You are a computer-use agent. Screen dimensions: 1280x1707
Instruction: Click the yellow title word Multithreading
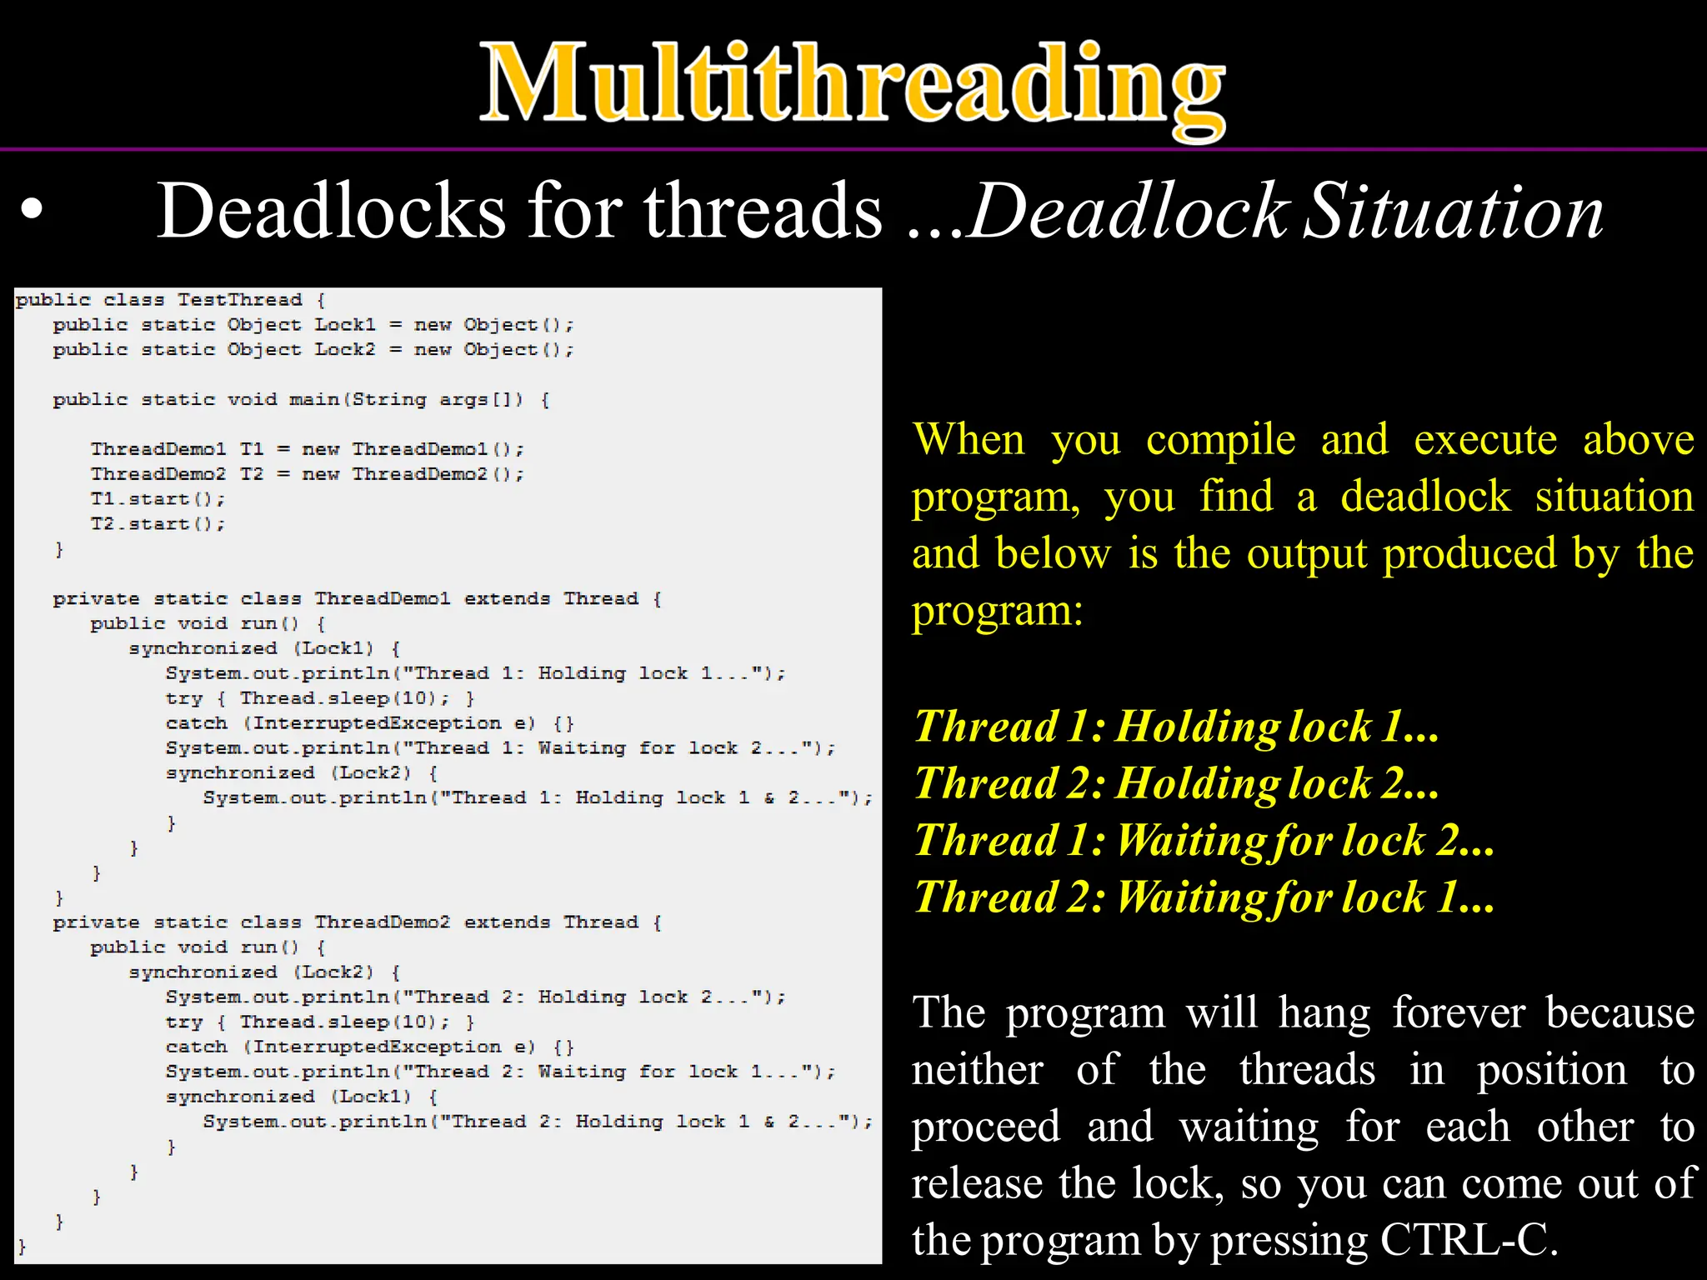click(852, 83)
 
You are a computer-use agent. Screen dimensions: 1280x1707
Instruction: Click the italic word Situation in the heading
click(1453, 212)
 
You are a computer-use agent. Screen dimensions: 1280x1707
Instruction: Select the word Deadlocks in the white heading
click(331, 212)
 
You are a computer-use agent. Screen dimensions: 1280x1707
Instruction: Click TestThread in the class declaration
click(239, 300)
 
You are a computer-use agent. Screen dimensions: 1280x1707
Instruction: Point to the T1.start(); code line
click(158, 499)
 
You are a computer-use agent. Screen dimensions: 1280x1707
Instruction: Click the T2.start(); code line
click(158, 524)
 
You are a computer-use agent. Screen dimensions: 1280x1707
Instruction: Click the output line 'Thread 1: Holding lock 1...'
click(1176, 726)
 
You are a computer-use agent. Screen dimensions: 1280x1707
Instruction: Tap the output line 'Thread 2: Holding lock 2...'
click(1176, 783)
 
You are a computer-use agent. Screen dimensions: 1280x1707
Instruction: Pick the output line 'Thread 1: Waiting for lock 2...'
click(1204, 840)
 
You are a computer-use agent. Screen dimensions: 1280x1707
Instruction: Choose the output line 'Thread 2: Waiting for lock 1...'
click(1204, 897)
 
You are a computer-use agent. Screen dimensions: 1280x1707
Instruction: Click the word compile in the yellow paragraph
click(1220, 440)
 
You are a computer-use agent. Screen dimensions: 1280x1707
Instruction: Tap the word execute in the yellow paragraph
click(1484, 439)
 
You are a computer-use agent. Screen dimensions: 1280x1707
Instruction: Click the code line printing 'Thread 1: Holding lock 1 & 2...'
click(538, 798)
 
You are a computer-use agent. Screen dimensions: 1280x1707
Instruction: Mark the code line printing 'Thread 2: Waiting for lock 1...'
click(500, 1072)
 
